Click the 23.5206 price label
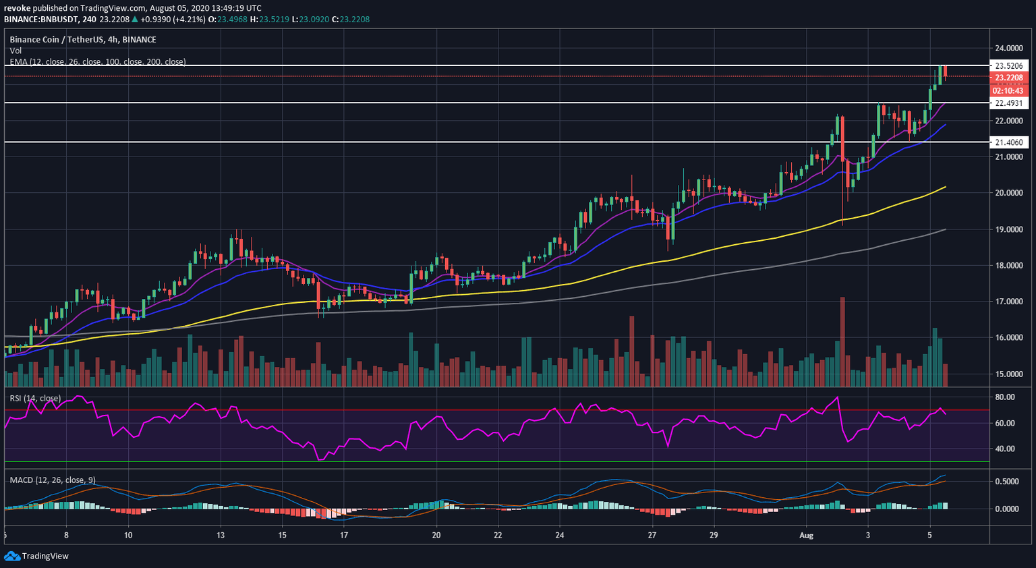(1008, 65)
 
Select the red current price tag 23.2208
(1008, 78)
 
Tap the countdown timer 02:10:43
(1008, 90)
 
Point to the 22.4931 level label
(1008, 103)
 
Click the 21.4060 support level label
(1008, 142)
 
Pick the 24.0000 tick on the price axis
(1008, 49)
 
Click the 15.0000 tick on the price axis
(1008, 374)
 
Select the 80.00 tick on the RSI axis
(1005, 397)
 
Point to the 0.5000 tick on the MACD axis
(1006, 482)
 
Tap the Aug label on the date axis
(806, 536)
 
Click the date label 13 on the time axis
(221, 536)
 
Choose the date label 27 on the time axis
(652, 536)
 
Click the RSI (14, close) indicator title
(35, 399)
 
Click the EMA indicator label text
(98, 62)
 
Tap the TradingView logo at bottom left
(36, 556)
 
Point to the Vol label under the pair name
(16, 51)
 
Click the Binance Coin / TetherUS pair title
(83, 40)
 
